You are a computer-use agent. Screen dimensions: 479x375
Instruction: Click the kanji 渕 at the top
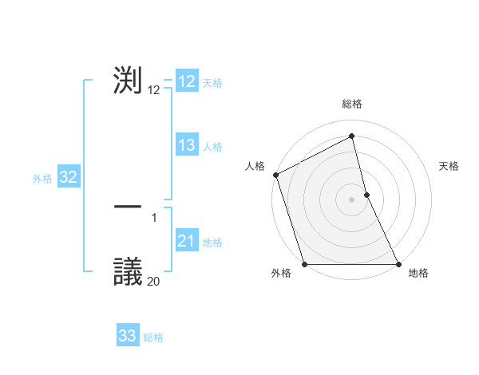pyautogui.click(x=128, y=81)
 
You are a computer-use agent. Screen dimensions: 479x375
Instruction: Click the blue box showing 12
pyautogui.click(x=187, y=81)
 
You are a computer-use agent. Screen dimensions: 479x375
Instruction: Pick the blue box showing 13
pyautogui.click(x=187, y=145)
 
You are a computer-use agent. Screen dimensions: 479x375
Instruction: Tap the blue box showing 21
pyautogui.click(x=187, y=241)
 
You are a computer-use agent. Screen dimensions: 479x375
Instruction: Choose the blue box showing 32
pyautogui.click(x=69, y=177)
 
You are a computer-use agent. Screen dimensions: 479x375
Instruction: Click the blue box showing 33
pyautogui.click(x=128, y=336)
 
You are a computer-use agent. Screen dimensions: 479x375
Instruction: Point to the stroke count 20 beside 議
pyautogui.click(x=153, y=281)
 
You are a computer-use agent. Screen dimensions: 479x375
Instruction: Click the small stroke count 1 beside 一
pyautogui.click(x=154, y=216)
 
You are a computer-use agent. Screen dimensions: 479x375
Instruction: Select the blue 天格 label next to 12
pyautogui.click(x=212, y=83)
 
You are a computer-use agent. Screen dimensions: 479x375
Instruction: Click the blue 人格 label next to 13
pyautogui.click(x=212, y=147)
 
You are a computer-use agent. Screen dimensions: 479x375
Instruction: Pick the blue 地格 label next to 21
pyautogui.click(x=212, y=243)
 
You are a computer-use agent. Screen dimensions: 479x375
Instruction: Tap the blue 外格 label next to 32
pyautogui.click(x=42, y=179)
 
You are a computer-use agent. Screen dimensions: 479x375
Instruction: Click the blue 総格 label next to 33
pyautogui.click(x=153, y=337)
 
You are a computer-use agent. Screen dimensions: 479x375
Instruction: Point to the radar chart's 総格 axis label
pyautogui.click(x=352, y=104)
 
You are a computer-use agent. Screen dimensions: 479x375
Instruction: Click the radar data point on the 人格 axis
pyautogui.click(x=275, y=175)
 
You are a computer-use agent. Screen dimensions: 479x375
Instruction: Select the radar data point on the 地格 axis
pyautogui.click(x=398, y=264)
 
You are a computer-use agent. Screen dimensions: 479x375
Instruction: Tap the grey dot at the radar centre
pyautogui.click(x=352, y=199)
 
